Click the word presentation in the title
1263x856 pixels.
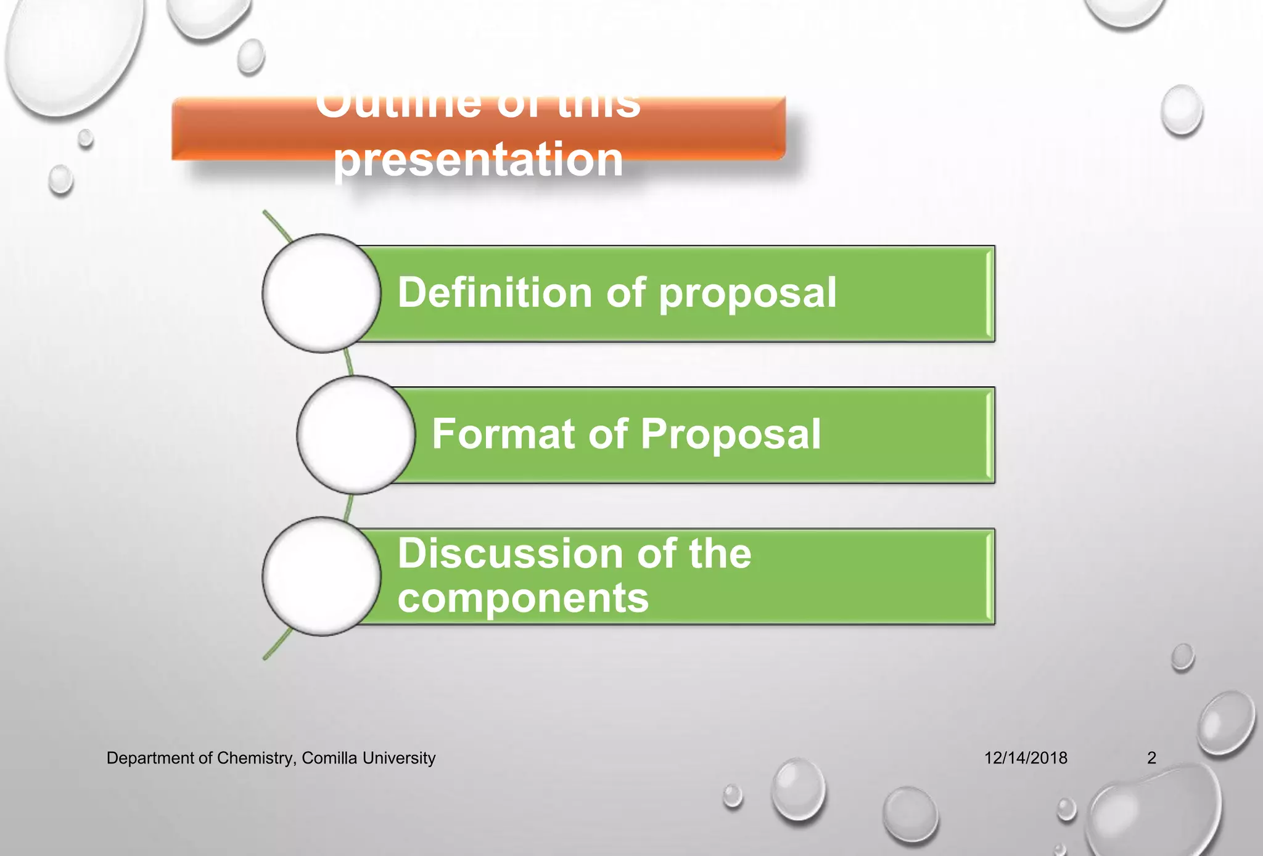[478, 159]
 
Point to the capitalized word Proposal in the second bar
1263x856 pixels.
[730, 434]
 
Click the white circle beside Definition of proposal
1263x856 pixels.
[321, 293]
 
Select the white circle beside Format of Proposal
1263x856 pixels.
[356, 434]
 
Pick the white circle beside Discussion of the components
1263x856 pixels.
[321, 576]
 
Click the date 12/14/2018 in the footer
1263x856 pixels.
[1025, 757]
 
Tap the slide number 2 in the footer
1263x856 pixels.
[1151, 757]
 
